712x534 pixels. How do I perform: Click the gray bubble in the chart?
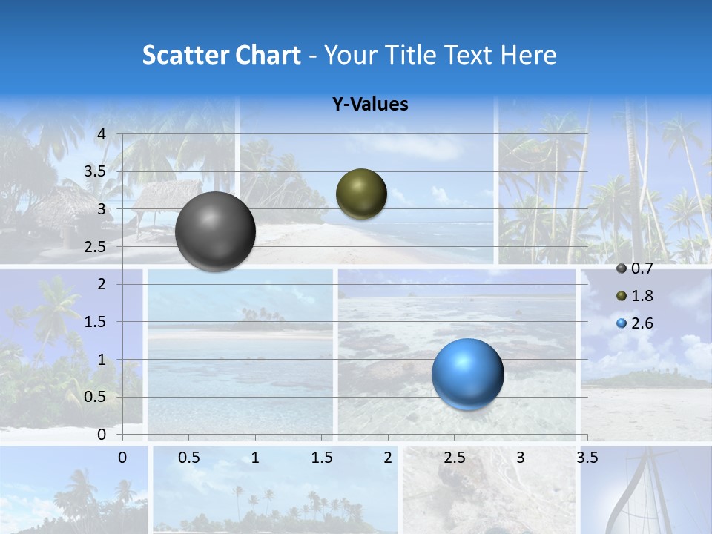click(x=215, y=231)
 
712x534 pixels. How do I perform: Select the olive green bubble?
click(x=361, y=194)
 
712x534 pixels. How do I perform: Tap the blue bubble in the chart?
click(x=467, y=375)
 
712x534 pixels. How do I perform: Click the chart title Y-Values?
click(x=370, y=105)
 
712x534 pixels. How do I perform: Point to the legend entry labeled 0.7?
click(x=635, y=268)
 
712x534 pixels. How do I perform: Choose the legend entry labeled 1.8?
click(x=635, y=296)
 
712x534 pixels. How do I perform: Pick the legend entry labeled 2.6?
click(x=635, y=323)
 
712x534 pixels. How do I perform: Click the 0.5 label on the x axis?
click(x=189, y=458)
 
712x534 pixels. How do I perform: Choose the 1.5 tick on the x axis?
click(x=322, y=458)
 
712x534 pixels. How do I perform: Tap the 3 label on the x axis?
click(x=521, y=458)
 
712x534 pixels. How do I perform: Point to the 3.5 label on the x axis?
click(x=587, y=458)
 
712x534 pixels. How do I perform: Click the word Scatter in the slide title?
click(x=185, y=55)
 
